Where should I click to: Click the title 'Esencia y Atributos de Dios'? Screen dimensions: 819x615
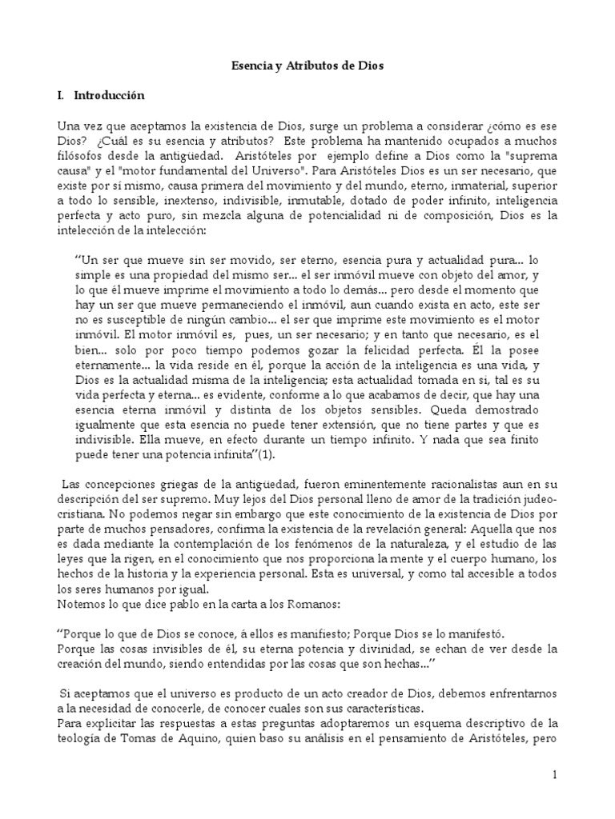pos(307,66)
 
